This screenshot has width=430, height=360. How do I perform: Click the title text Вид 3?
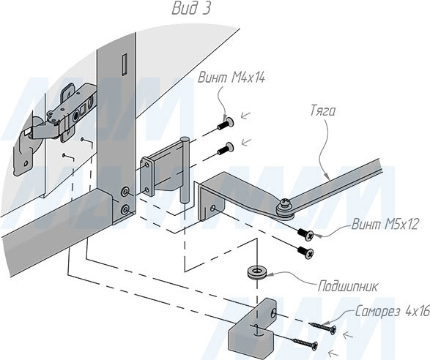point(191,9)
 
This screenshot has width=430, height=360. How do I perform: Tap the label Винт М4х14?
point(231,78)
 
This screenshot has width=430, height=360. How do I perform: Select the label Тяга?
point(323,111)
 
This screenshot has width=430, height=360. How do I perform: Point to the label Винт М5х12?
point(385,225)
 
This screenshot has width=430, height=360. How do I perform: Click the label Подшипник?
point(348,287)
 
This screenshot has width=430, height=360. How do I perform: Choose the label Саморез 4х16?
point(393,312)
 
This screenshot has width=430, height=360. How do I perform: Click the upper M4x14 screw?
point(226,123)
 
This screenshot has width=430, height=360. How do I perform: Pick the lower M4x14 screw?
point(226,149)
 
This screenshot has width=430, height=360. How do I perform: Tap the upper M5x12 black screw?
point(305,233)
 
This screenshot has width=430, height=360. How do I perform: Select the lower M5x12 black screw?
point(305,252)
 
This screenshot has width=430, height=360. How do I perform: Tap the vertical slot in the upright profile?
point(125,64)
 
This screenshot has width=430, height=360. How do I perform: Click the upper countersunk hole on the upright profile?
point(125,192)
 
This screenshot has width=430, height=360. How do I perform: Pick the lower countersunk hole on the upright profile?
point(125,210)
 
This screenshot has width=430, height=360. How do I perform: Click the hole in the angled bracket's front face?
point(212,209)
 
